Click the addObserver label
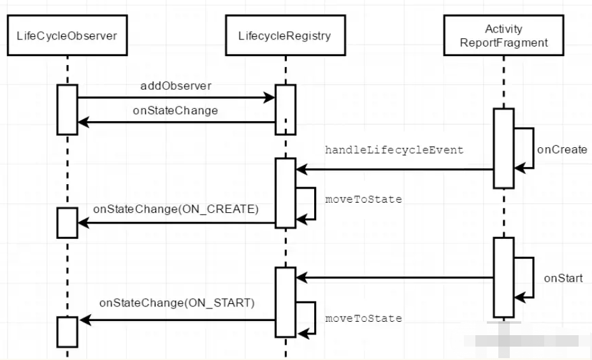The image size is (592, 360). (x=176, y=86)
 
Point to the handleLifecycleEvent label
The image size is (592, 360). (x=394, y=150)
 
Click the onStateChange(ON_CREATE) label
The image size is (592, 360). (x=176, y=209)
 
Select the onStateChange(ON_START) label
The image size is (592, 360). (x=177, y=303)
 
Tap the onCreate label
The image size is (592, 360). (x=562, y=150)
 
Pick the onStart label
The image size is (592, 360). (x=563, y=278)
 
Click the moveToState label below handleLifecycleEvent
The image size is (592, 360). (x=364, y=199)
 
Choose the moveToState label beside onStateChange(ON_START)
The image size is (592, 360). (x=364, y=319)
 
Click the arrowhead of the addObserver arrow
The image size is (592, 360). (x=270, y=97)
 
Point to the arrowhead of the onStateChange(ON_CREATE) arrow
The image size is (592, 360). (x=83, y=222)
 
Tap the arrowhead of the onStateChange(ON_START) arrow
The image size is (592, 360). (x=85, y=320)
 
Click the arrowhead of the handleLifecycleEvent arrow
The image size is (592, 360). (x=301, y=169)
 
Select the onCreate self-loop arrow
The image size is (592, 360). (x=533, y=148)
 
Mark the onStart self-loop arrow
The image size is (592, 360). (x=533, y=278)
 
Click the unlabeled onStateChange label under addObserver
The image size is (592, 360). (x=176, y=111)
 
